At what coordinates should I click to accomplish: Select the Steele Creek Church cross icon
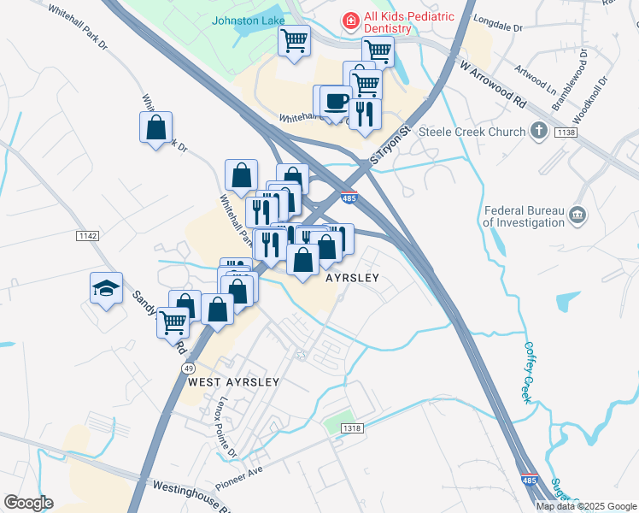[538, 132]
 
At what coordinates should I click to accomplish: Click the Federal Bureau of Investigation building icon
[577, 212]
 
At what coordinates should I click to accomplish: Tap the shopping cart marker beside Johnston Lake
[294, 39]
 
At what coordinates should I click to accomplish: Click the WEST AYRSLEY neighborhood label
[233, 382]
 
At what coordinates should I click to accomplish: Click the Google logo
[28, 503]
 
